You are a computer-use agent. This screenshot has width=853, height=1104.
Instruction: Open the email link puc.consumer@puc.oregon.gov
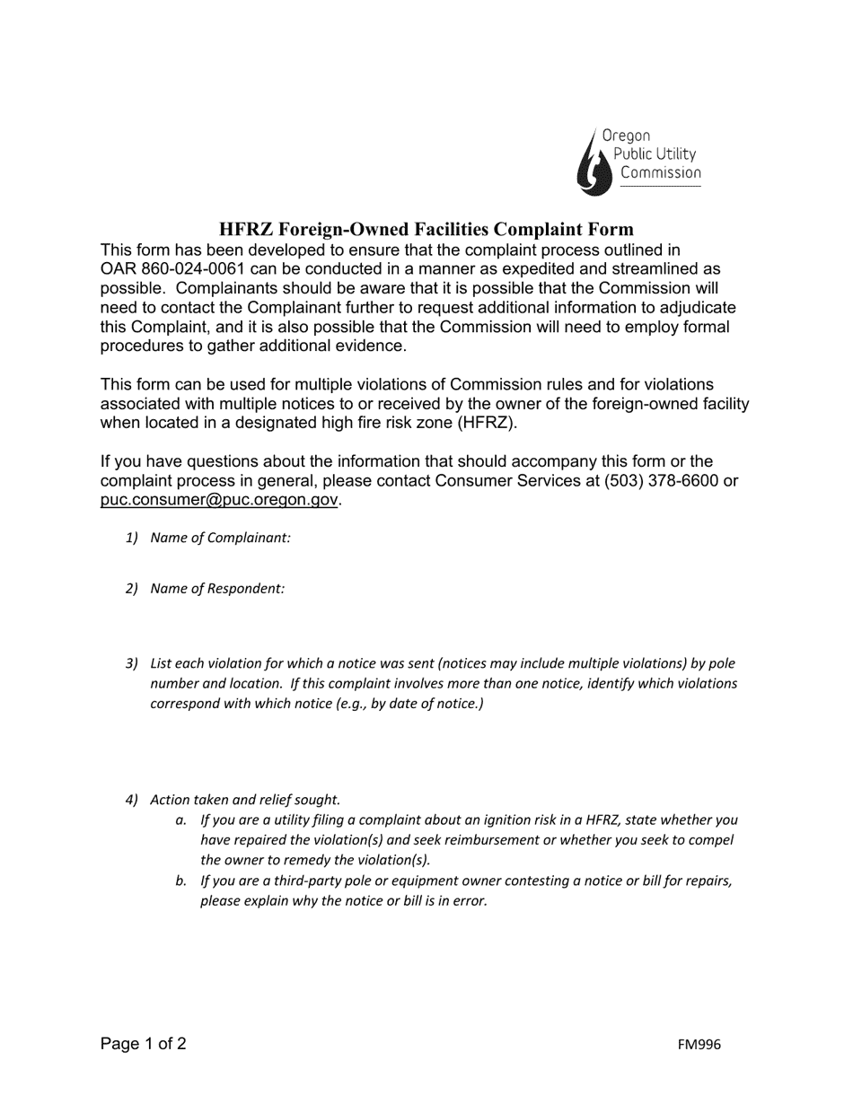[219, 500]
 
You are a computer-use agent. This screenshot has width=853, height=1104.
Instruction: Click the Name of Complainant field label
[220, 538]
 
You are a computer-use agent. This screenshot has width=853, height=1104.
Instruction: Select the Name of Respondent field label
[217, 589]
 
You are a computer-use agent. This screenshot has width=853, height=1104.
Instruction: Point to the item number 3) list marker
[132, 663]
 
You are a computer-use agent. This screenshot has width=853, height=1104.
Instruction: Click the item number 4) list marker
[132, 800]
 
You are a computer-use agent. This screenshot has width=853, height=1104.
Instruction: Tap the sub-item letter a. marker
[181, 819]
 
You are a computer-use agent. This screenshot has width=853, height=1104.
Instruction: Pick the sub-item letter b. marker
[181, 881]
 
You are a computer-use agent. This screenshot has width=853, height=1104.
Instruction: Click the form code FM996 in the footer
[699, 1045]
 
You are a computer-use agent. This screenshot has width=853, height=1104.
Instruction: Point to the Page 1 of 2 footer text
[144, 1044]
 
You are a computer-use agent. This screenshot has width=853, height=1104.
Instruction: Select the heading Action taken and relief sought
[245, 800]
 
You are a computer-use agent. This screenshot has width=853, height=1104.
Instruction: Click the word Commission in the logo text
[661, 172]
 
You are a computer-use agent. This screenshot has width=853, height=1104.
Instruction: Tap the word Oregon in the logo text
[626, 136]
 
